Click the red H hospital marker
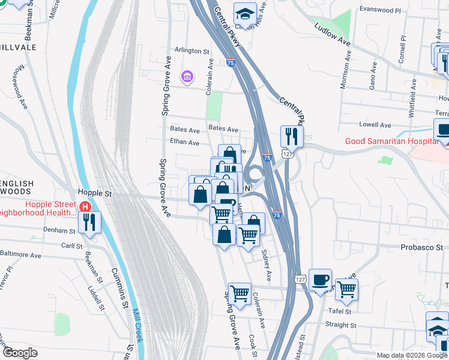pos(85,207)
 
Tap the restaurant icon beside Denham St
pos(90,223)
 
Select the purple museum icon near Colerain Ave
pos(187,77)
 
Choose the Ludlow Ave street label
pos(333,35)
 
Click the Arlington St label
pos(191,52)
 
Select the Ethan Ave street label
pos(184,143)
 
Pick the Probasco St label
pos(422,247)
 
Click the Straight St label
pos(340,325)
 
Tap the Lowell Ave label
pos(375,125)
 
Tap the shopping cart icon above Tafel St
pos(346,289)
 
